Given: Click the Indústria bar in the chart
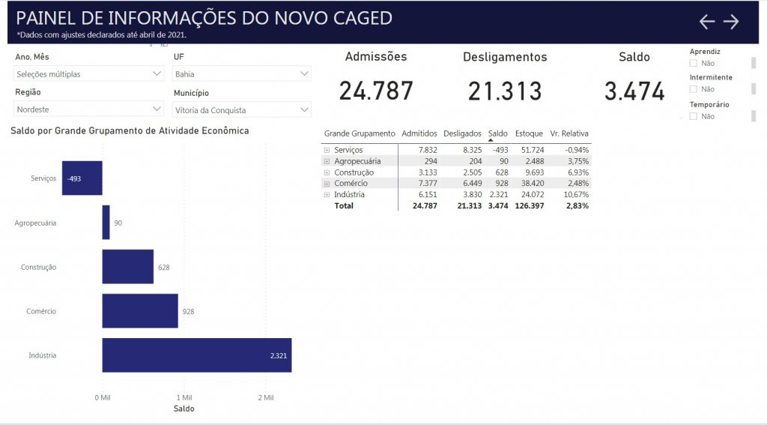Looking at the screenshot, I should click(196, 355).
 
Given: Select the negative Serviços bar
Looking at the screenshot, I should click(82, 178).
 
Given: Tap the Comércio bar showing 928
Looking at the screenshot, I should click(140, 311).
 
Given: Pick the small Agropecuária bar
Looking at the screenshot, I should click(106, 223).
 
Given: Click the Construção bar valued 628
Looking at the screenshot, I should click(127, 267).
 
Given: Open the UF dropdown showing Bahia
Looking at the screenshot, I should click(241, 73).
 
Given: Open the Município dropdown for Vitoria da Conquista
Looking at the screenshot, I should click(241, 110).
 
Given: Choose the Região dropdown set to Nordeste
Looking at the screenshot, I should click(88, 109).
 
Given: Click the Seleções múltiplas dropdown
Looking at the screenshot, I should click(88, 73).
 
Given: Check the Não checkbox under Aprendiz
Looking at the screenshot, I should click(694, 64).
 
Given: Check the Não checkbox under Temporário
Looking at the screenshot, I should click(694, 116).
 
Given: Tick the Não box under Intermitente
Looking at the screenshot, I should click(694, 89).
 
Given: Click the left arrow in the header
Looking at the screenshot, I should click(707, 22).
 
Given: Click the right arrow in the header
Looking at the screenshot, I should click(731, 22).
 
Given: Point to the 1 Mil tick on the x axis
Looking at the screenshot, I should click(184, 397).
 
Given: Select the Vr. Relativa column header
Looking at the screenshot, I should click(569, 133).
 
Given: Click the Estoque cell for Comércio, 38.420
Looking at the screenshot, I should click(528, 184).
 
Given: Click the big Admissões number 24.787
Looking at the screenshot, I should click(376, 91).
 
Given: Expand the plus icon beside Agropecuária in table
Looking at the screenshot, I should click(327, 161).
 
